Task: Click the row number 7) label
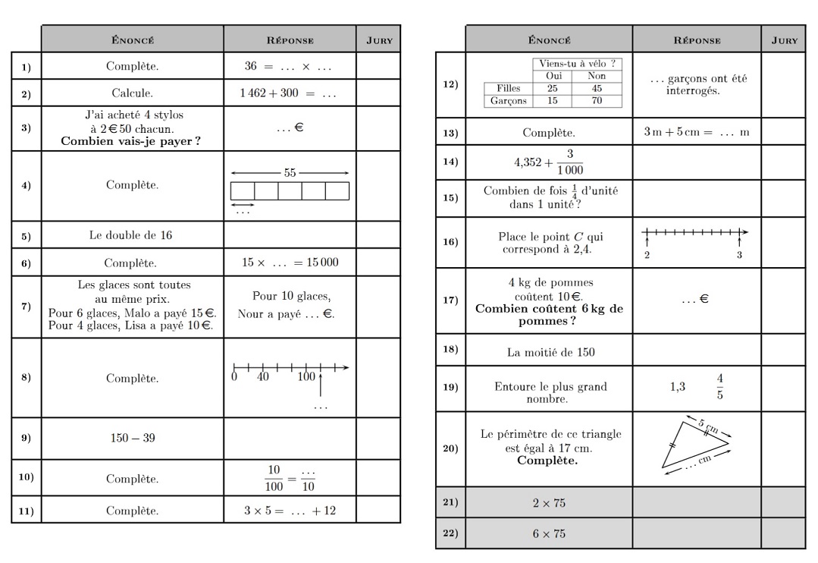[x=26, y=307]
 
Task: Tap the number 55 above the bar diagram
[x=290, y=173]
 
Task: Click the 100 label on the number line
[x=306, y=377]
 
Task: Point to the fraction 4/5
[x=719, y=386]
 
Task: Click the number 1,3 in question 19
[x=677, y=387]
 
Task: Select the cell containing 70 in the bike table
[x=597, y=100]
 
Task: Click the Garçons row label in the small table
[x=509, y=100]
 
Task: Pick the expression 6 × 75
[x=549, y=533]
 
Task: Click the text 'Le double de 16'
[x=130, y=235]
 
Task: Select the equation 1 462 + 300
[x=289, y=94]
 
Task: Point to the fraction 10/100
[x=274, y=479]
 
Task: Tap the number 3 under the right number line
[x=739, y=255]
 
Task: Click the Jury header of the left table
[x=379, y=40]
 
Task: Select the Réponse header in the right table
[x=696, y=40]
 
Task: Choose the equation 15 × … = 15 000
[x=290, y=263]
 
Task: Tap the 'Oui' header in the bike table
[x=553, y=76]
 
